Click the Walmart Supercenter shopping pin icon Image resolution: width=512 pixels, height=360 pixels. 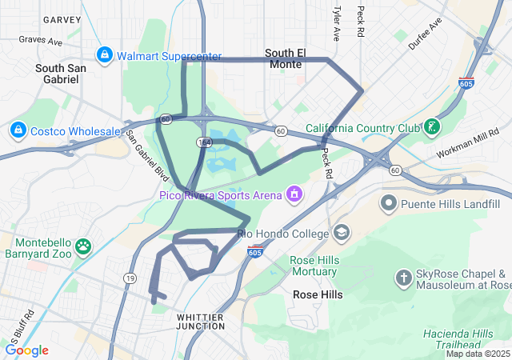pyautogui.click(x=104, y=54)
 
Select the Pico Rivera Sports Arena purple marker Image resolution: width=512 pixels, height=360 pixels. pyautogui.click(x=294, y=194)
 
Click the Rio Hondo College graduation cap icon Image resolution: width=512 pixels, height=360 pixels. pyautogui.click(x=342, y=233)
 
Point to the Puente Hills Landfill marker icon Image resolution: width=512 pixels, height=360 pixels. pyautogui.click(x=389, y=202)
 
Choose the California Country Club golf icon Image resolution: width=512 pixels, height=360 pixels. pyautogui.click(x=432, y=126)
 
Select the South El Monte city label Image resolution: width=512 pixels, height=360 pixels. pyautogui.click(x=285, y=58)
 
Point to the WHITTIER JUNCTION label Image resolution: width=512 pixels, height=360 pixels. pyautogui.click(x=200, y=322)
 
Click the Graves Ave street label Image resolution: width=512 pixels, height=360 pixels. pyautogui.click(x=40, y=38)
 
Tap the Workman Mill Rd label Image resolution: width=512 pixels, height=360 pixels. pyautogui.click(x=468, y=142)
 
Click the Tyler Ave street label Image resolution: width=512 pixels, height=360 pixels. pyautogui.click(x=336, y=24)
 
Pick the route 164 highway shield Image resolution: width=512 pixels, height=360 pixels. pyautogui.click(x=205, y=142)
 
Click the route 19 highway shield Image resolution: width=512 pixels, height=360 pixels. pyautogui.click(x=129, y=277)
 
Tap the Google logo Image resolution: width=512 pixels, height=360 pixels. pyautogui.click(x=27, y=350)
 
